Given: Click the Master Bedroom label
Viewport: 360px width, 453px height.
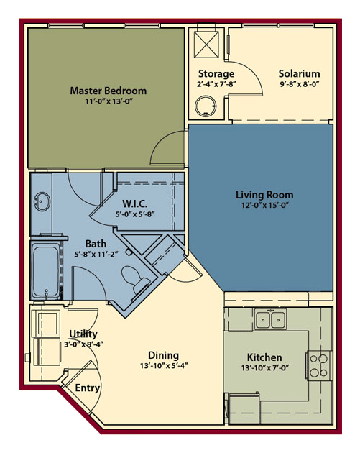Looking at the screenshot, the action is click(109, 91).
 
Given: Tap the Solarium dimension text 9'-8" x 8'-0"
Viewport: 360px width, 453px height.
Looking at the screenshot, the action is click(300, 84).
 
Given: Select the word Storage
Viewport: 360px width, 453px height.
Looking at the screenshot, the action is click(216, 74).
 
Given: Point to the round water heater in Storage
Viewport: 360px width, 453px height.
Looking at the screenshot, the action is click(206, 106).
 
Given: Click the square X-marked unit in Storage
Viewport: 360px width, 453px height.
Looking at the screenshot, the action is click(206, 45).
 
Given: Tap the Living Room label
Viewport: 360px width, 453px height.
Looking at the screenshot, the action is click(264, 195).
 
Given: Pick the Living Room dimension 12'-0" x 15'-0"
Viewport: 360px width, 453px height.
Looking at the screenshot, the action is click(265, 206).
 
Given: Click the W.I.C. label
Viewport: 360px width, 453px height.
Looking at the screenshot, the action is click(135, 203).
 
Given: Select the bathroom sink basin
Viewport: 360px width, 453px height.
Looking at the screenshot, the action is click(42, 201).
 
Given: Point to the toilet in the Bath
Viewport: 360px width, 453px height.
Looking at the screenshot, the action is click(135, 279).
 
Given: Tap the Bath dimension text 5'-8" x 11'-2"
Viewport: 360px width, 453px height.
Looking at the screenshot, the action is click(96, 255).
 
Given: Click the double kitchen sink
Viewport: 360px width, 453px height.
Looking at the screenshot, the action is click(270, 319).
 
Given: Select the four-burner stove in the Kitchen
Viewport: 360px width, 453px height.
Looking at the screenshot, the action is click(319, 365).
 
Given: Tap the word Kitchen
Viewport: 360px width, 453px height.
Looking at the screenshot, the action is click(264, 357).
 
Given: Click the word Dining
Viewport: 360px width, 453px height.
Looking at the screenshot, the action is click(163, 355).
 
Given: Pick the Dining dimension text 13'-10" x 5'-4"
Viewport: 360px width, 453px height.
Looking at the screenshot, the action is click(164, 366).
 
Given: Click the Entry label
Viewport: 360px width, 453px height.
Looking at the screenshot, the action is click(87, 388).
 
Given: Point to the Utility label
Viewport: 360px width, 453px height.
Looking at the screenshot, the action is click(83, 334).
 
